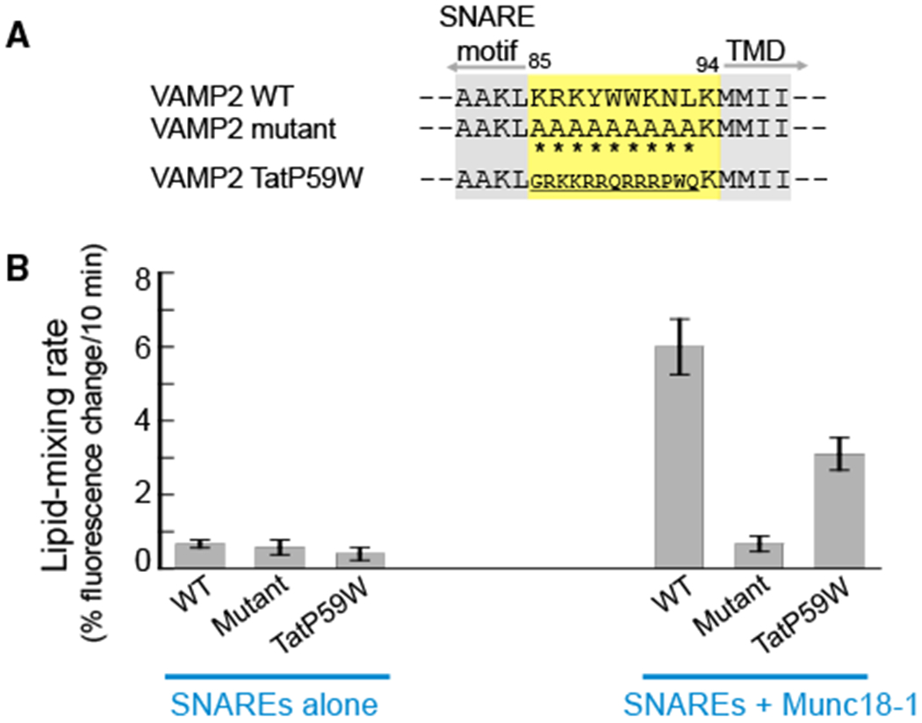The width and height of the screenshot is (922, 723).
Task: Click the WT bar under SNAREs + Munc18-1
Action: pos(679,457)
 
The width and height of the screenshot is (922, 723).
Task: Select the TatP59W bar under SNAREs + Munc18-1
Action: pos(839,510)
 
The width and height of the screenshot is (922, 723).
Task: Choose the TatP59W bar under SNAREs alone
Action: pos(361,560)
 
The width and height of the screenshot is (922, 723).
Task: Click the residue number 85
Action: pos(538,63)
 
